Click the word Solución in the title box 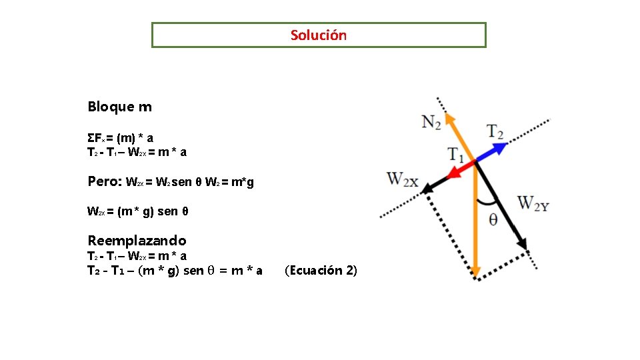(319, 35)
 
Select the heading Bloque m (119, 107)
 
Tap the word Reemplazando (137, 240)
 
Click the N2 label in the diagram (432, 121)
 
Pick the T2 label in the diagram (495, 131)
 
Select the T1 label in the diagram (457, 155)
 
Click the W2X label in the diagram (403, 179)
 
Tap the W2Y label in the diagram (533, 203)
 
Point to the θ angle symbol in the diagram (493, 220)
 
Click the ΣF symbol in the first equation (94, 138)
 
